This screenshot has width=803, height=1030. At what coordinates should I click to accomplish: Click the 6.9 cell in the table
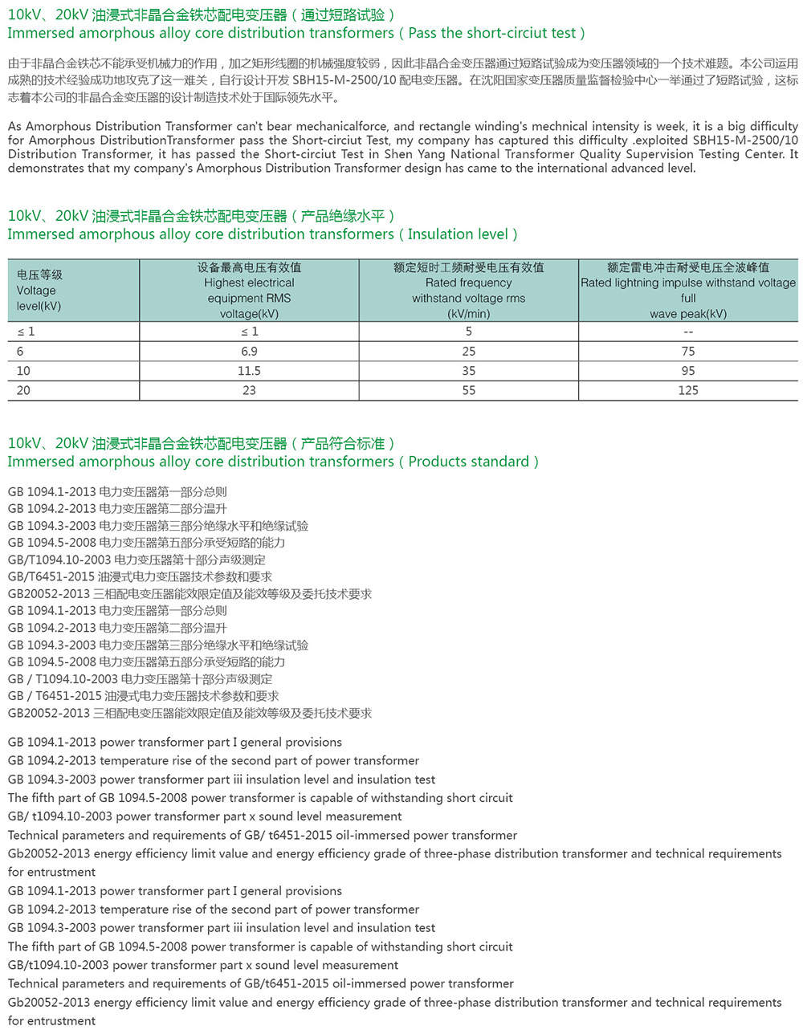[249, 352]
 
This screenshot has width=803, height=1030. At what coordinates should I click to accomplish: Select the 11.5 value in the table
[249, 371]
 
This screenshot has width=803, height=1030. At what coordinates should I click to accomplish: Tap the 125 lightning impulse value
[688, 390]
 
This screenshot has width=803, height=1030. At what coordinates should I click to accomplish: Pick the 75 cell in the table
[688, 352]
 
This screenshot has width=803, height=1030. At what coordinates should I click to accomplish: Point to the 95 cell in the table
[688, 371]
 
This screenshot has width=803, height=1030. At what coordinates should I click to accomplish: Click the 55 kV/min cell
[469, 390]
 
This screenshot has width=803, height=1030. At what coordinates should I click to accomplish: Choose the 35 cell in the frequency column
[469, 371]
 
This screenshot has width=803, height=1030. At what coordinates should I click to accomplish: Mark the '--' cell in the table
[688, 332]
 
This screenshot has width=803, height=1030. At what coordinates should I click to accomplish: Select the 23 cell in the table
[249, 390]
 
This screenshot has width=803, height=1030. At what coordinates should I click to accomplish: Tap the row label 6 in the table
[20, 352]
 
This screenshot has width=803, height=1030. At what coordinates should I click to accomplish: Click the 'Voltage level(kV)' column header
[39, 291]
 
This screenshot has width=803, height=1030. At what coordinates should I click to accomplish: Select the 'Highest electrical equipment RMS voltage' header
[249, 291]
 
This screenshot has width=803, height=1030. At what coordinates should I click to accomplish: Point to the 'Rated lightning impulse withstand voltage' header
[688, 283]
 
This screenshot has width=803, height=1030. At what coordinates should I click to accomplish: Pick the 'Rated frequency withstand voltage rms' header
[469, 291]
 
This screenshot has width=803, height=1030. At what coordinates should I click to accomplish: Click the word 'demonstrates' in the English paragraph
[47, 169]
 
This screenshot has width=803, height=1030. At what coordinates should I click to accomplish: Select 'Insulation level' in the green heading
[458, 234]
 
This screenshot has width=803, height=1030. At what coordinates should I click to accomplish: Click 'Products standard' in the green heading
[469, 462]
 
